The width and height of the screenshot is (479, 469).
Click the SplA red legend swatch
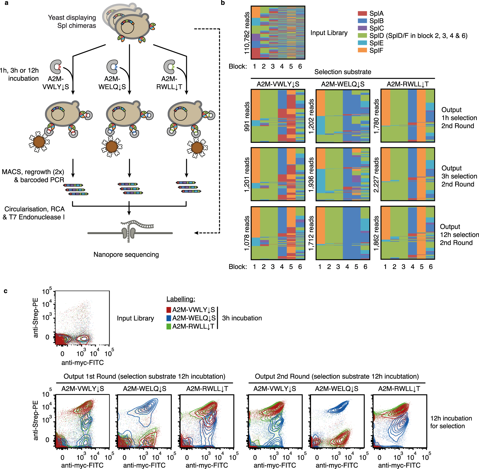[x=362, y=13]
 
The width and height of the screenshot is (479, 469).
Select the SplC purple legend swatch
[x=362, y=28]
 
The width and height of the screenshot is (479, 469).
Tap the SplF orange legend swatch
[x=362, y=50]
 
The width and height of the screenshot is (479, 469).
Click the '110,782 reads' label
[x=247, y=33]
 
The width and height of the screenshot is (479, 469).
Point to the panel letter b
[x=223, y=3]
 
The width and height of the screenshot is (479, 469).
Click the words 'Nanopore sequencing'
[x=126, y=254]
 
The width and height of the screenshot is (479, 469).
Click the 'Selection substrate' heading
[x=343, y=72]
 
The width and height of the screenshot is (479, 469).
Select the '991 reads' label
[x=247, y=116]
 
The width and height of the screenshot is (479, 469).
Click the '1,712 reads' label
[x=311, y=233]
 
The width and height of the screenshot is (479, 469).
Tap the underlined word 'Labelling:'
[x=181, y=299]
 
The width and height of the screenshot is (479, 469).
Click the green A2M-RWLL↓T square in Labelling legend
[x=169, y=326]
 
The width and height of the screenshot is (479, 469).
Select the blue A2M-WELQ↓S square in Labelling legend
[x=169, y=318]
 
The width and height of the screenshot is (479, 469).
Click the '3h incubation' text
[x=242, y=318]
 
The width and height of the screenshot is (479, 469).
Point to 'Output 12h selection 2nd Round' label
[x=459, y=235]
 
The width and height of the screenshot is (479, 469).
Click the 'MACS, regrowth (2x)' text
[x=33, y=172]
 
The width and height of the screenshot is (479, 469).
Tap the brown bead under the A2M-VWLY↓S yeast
[x=39, y=142]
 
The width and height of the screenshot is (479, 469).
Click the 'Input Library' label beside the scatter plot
[x=135, y=318]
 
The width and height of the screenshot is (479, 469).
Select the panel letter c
[x=5, y=291]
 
